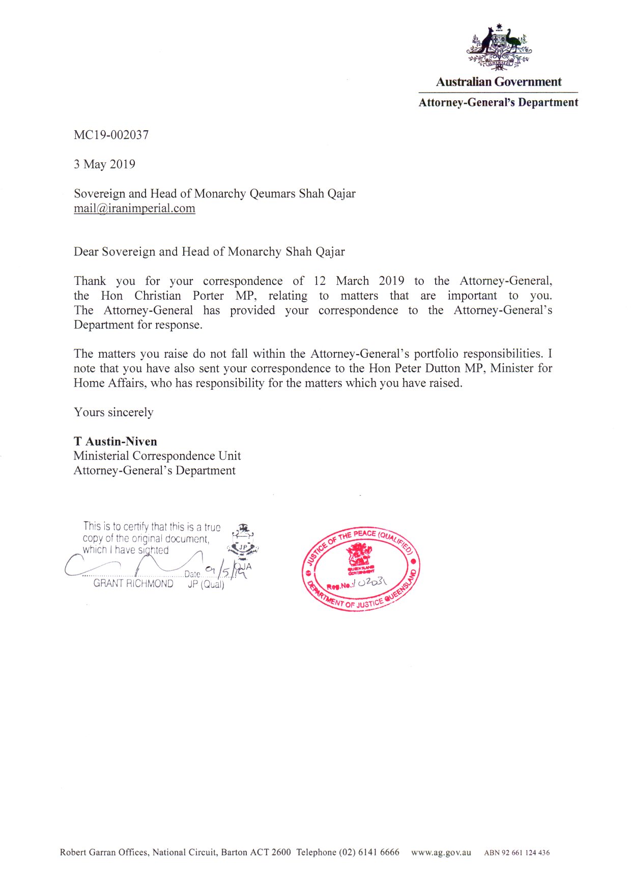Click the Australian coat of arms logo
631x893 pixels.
[x=499, y=47]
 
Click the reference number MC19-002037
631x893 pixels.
[x=111, y=135]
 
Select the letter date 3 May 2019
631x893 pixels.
[x=104, y=164]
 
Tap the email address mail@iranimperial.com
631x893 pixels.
[x=134, y=208]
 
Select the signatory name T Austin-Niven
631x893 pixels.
[x=115, y=442]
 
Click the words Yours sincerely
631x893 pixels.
[x=113, y=412]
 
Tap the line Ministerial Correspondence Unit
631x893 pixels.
[x=157, y=456]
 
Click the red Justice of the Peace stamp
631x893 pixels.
[x=361, y=568]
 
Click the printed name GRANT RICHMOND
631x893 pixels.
[x=133, y=584]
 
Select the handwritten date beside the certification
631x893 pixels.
[x=226, y=572]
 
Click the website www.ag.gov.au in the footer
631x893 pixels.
[x=441, y=852]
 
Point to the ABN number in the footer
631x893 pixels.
[x=517, y=853]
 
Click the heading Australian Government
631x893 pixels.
[x=498, y=82]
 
